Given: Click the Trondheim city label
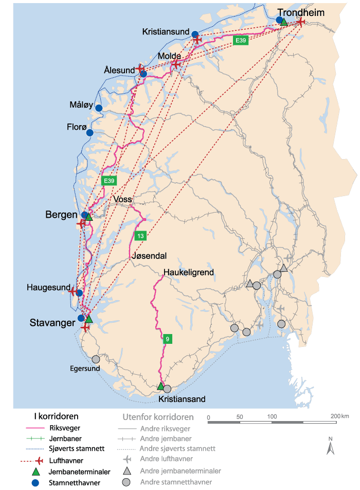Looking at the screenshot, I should [x=301, y=12].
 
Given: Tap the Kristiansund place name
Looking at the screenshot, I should [x=166, y=32].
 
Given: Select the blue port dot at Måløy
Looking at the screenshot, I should [x=99, y=108].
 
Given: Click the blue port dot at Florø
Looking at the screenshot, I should [x=90, y=132].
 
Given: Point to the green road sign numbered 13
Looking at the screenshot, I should [x=140, y=236].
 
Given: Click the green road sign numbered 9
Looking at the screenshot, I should [x=167, y=339].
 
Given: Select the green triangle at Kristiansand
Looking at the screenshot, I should [x=160, y=386].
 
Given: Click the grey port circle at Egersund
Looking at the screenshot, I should [x=96, y=360].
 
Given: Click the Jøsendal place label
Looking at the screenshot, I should [x=149, y=256].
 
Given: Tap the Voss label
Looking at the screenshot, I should [x=123, y=199].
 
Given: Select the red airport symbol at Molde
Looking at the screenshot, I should [x=176, y=64].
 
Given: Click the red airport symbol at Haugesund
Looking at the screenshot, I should [x=73, y=292].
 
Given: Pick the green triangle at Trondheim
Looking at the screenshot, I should [x=284, y=22].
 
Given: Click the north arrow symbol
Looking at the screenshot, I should [x=331, y=446].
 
